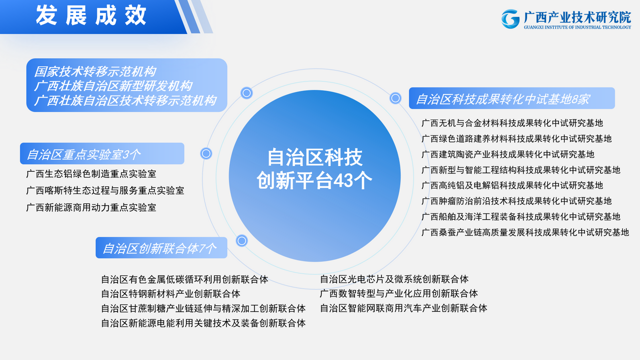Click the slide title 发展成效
click(x=91, y=15)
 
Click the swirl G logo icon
click(x=510, y=19)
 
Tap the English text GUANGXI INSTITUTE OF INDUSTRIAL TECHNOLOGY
click(x=577, y=27)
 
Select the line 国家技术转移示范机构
click(x=95, y=71)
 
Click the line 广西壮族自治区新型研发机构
click(x=113, y=85)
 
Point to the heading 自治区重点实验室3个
click(x=83, y=154)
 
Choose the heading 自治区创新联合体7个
click(x=159, y=248)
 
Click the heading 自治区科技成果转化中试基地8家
click(x=503, y=99)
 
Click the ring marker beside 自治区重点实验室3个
click(x=206, y=153)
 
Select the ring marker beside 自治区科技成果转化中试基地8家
click(x=395, y=98)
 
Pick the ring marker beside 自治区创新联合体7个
click(x=241, y=240)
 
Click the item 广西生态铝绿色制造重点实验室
click(x=91, y=173)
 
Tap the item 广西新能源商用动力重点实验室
click(x=91, y=207)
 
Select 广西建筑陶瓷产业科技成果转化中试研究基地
click(x=508, y=154)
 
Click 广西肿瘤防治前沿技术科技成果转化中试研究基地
click(x=516, y=201)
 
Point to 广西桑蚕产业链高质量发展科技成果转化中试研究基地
click(x=525, y=232)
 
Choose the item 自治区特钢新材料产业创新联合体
click(x=171, y=293)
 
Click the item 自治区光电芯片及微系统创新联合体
click(x=394, y=279)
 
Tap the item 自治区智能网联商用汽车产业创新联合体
click(x=403, y=308)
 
